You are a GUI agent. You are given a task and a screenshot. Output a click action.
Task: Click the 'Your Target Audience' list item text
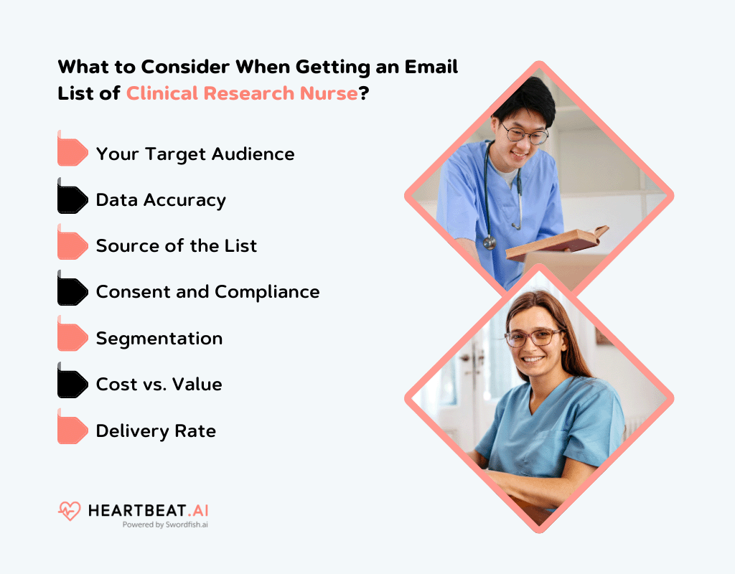(195, 154)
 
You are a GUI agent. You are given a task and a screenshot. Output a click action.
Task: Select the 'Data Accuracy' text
(161, 200)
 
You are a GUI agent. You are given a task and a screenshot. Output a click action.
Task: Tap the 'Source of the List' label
(177, 246)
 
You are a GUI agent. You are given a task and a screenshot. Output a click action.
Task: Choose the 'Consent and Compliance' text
(207, 292)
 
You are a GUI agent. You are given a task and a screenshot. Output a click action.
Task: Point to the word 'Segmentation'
(159, 338)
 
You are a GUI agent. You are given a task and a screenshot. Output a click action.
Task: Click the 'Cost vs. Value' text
(159, 384)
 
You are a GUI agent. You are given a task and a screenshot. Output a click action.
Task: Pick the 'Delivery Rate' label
(156, 430)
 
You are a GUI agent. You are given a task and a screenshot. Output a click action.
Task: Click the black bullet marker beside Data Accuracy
(72, 200)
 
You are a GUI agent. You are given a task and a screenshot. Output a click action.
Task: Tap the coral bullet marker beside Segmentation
(72, 338)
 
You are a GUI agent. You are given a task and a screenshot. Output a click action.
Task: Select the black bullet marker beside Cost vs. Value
(72, 384)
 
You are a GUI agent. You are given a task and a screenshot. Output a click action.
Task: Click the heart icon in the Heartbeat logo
(70, 511)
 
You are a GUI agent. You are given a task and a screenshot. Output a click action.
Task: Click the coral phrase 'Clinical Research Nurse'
(242, 93)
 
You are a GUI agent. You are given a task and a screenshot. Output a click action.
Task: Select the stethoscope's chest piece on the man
(490, 242)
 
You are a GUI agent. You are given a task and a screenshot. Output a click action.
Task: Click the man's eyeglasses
(525, 133)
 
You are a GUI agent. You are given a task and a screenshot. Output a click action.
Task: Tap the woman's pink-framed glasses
(533, 337)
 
